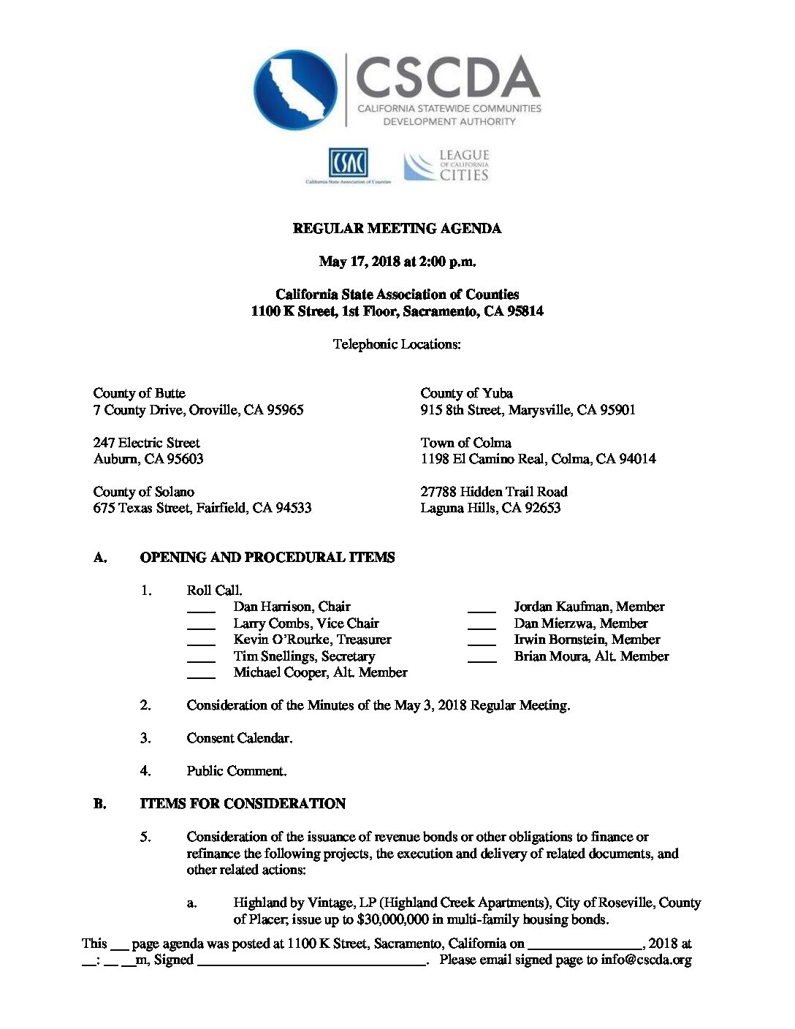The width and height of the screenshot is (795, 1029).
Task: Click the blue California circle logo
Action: pyautogui.click(x=295, y=90)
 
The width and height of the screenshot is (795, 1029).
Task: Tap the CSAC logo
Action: pyautogui.click(x=348, y=164)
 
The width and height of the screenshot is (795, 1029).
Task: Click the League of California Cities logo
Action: pyautogui.click(x=446, y=165)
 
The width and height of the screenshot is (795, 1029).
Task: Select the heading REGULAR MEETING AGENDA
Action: pyautogui.click(x=397, y=229)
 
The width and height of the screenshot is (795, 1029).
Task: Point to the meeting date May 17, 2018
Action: pyautogui.click(x=360, y=262)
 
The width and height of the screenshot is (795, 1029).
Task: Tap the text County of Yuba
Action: pyautogui.click(x=466, y=393)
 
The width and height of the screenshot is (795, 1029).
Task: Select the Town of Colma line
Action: pyautogui.click(x=465, y=443)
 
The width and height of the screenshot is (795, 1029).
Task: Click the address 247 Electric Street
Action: pyautogui.click(x=146, y=443)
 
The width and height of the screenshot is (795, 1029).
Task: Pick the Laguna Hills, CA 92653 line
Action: pyautogui.click(x=490, y=508)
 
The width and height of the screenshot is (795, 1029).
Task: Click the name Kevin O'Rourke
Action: pyautogui.click(x=281, y=639)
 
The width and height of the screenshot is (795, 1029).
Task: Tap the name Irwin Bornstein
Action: pyautogui.click(x=560, y=639)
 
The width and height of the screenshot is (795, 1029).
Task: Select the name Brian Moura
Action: pyautogui.click(x=552, y=656)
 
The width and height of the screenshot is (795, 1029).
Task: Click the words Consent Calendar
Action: pyautogui.click(x=239, y=738)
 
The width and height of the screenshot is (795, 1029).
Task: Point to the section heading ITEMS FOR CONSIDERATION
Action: pyautogui.click(x=243, y=804)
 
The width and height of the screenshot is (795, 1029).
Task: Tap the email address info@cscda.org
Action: pyautogui.click(x=646, y=960)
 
